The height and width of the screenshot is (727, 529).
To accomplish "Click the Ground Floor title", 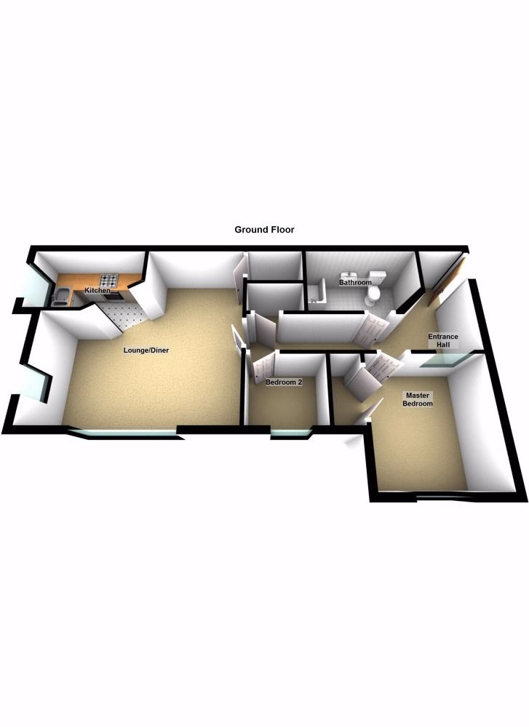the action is point(264,230).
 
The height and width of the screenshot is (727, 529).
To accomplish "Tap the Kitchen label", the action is point(98,291).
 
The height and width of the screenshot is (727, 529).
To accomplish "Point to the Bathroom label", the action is point(355,282).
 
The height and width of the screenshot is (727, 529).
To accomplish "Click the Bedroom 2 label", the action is point(283,382).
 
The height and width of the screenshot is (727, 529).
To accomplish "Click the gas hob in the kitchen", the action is point(109,280).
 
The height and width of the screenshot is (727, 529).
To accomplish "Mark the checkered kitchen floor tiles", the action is point(124,313).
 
